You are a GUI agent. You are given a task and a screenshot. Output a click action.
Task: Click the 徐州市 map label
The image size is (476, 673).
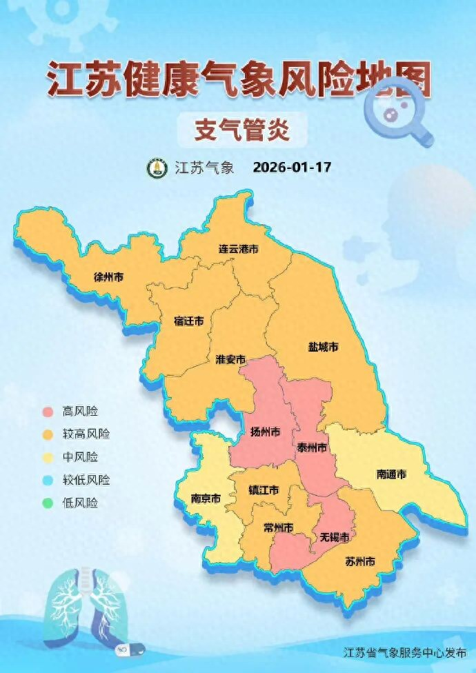pyautogui.click(x=109, y=277)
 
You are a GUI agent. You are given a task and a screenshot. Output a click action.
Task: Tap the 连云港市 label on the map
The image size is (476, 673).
pyautogui.click(x=238, y=248)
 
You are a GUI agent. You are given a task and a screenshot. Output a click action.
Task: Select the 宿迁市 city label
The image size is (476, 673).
pyautogui.click(x=188, y=321)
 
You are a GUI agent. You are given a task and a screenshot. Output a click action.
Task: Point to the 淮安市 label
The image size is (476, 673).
pyautogui.click(x=230, y=360)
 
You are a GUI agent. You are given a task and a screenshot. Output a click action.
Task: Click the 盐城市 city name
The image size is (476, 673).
pyautogui.click(x=323, y=346)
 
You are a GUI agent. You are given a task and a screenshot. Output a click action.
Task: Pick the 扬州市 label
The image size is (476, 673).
pyautogui.click(x=265, y=433)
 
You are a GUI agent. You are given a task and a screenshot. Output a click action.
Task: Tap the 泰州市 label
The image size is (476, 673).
pyautogui.click(x=312, y=447)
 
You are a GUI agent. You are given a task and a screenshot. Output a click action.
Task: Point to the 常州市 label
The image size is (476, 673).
pyautogui.click(x=279, y=528)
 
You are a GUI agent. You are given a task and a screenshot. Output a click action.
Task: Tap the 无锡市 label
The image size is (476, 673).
pyautogui.click(x=334, y=536)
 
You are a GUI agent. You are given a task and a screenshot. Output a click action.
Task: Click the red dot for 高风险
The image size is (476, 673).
pyautogui.click(x=47, y=412)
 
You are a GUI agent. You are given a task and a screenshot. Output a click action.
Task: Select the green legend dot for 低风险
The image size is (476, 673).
pyautogui.click(x=47, y=503)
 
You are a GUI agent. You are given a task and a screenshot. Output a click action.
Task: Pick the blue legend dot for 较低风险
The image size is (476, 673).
pyautogui.click(x=47, y=480)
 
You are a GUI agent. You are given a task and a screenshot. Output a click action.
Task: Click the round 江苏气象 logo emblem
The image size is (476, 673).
pyautogui.click(x=155, y=168)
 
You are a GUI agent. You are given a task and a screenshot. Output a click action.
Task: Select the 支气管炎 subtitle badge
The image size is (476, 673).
pyautogui.click(x=241, y=129)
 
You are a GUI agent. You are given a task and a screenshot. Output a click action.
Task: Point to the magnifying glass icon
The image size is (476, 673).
pyautogui.click(x=396, y=114)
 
